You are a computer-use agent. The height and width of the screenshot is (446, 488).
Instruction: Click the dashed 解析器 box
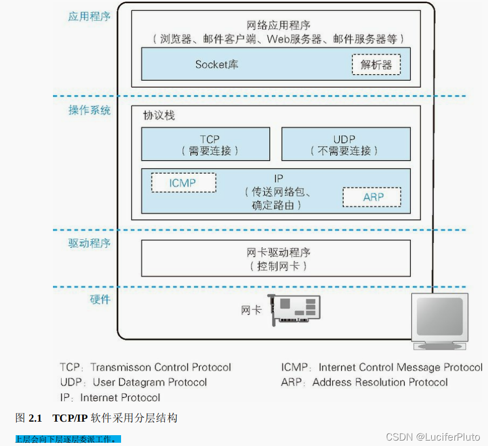376,65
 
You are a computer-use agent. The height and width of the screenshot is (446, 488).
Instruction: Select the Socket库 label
217,64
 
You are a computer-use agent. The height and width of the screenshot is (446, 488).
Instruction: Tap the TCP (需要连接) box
205,145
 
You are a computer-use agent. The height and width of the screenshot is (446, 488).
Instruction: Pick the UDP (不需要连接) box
345,145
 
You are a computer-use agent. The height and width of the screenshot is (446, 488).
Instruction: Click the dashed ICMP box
183,183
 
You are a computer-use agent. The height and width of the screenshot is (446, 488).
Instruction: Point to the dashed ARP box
372,197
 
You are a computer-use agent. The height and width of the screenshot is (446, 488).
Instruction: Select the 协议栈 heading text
158,116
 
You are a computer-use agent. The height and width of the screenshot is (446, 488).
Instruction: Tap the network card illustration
295,310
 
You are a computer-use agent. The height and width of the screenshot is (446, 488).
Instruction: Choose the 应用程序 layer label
89,16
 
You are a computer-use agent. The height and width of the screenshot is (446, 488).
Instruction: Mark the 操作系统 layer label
89,110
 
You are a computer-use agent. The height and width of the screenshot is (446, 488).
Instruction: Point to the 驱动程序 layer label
89,243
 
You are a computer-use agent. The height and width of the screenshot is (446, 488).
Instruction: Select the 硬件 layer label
99,299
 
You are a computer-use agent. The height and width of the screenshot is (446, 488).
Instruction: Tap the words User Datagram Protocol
150,382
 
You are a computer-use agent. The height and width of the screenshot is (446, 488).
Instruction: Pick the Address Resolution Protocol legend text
380,382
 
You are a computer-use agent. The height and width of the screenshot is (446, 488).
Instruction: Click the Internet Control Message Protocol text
400,368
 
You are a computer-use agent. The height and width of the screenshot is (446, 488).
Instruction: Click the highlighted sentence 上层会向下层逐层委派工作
68,439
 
